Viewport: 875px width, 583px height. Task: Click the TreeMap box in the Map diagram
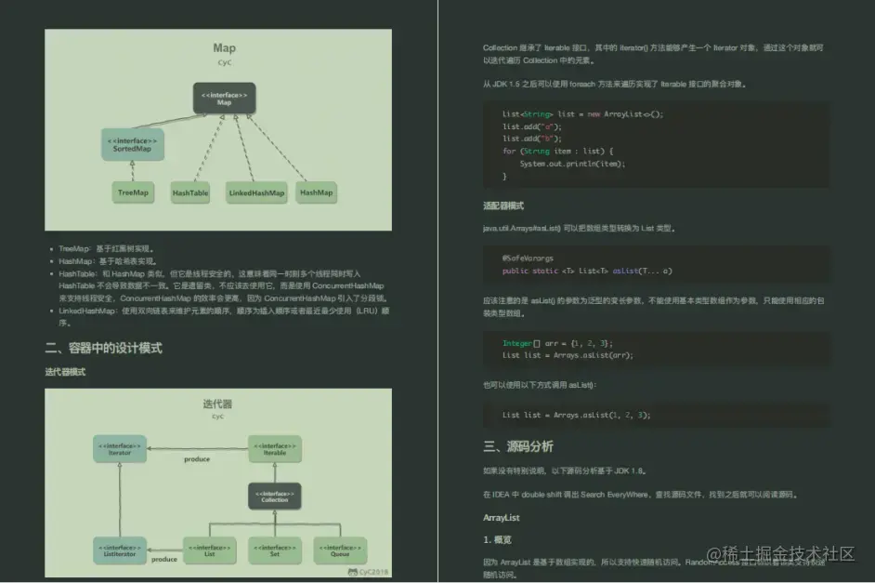[133, 193]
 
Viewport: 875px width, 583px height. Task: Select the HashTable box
[190, 193]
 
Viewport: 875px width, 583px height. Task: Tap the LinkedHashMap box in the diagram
[256, 193]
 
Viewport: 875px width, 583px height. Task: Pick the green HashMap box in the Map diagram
[316, 192]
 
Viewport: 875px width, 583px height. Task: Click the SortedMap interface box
[132, 144]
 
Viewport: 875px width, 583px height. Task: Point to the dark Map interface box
[224, 98]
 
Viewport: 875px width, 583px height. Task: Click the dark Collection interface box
[274, 496]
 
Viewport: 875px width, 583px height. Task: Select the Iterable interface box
[274, 450]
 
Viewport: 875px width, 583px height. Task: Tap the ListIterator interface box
[118, 550]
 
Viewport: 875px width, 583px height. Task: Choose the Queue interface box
[340, 550]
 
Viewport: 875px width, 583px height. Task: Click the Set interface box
[274, 550]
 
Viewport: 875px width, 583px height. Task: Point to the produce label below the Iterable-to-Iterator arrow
[196, 459]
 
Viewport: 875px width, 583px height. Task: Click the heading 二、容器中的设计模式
[104, 348]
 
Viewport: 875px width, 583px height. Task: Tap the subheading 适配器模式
[504, 205]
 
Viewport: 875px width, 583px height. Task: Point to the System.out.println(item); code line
[572, 164]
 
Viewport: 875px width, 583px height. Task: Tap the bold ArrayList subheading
[501, 517]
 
